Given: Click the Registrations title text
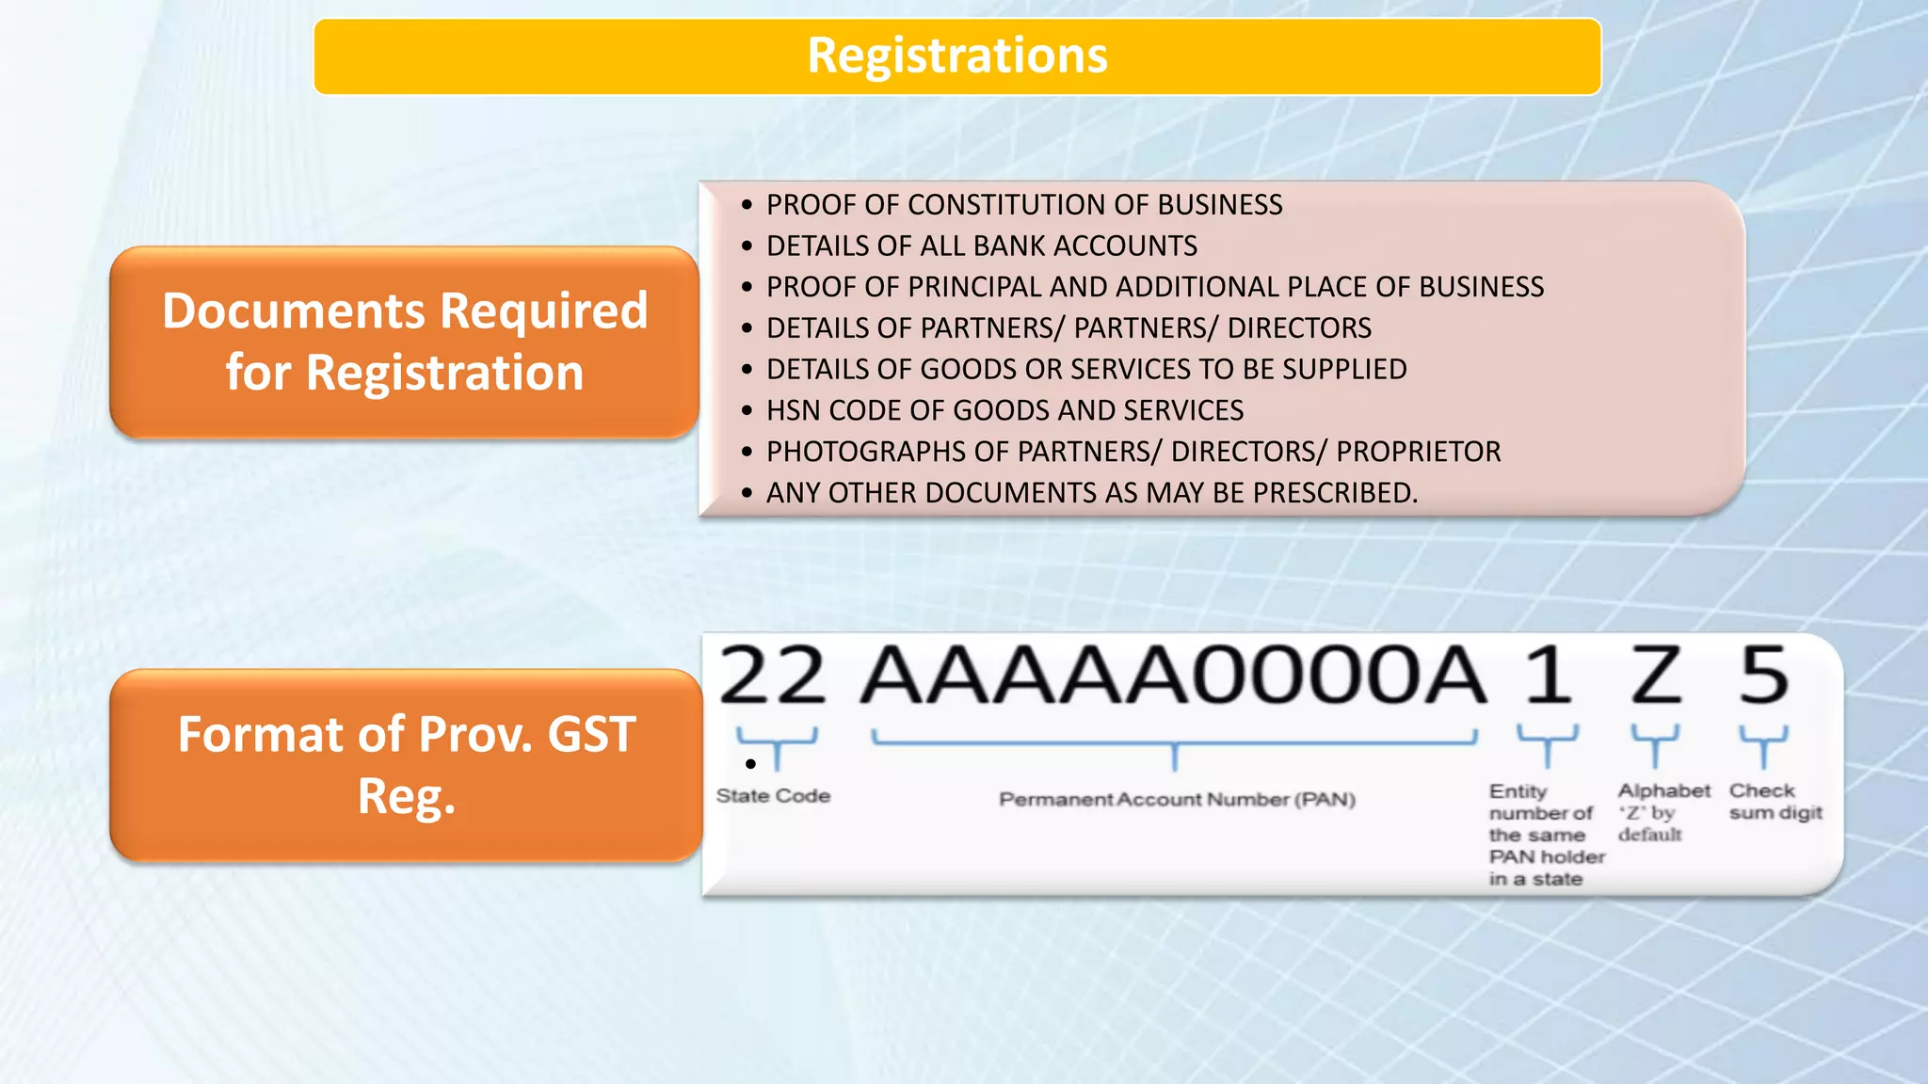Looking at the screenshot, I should click(956, 56).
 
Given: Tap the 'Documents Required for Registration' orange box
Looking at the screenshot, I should click(405, 342).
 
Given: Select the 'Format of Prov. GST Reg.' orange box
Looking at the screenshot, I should click(406, 765).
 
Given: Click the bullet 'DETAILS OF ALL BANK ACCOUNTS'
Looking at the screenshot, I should click(981, 246).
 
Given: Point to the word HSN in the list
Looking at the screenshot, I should click(794, 410).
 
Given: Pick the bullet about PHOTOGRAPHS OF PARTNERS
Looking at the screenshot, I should click(1133, 452).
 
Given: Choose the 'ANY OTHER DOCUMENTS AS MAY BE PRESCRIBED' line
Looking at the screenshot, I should click(1091, 493).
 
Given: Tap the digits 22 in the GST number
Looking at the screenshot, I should click(772, 676).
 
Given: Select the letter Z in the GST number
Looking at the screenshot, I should click(1656, 676).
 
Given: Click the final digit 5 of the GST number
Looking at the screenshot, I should click(1763, 676).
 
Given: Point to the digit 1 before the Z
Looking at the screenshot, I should click(1548, 676).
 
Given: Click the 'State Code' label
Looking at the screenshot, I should click(773, 796).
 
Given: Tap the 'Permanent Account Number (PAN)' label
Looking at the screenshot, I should click(1177, 800).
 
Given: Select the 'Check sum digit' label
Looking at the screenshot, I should click(1775, 802).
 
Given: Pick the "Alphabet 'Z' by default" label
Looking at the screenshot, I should click(1663, 812).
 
